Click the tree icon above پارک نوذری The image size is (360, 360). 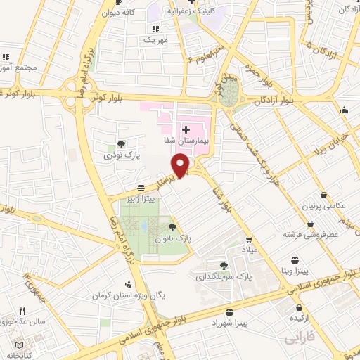point(121,143)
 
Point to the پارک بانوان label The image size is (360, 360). point(174,238)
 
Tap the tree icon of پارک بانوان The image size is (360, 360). point(172,226)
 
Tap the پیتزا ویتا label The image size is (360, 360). point(310,269)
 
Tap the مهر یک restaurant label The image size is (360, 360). point(156,39)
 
